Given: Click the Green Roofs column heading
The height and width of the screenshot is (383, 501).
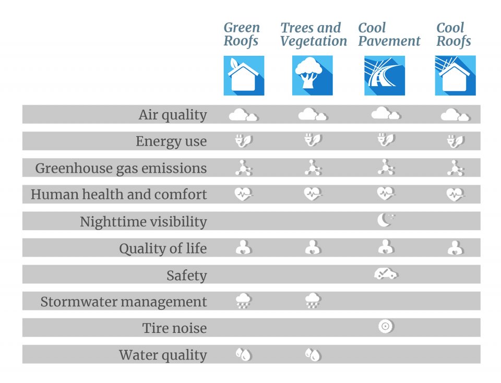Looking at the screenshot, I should tap(242, 34).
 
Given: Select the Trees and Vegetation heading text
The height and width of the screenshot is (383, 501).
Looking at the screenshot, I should tap(313, 34).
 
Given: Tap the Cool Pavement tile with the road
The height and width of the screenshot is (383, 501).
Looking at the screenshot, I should tap(385, 76).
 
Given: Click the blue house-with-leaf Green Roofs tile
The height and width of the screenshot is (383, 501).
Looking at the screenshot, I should tap(244, 76).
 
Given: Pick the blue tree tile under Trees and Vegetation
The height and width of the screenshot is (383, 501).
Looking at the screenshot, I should tap(312, 76).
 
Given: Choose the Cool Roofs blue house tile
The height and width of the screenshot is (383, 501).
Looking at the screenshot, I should tap(455, 76).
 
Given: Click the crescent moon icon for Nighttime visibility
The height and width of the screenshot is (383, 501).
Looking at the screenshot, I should tap(386, 221).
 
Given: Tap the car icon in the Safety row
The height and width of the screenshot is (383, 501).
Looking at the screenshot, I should tap(386, 274).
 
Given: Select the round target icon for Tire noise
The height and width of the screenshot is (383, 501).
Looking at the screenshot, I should tap(386, 327).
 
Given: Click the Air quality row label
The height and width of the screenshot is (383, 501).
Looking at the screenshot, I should tap(172, 115).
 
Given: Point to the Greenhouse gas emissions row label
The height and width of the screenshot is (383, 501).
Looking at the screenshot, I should tap(121, 168).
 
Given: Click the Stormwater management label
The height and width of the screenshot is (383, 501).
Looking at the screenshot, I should tap(123, 302).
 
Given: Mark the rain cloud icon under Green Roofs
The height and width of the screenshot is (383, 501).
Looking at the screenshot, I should tap(243, 301).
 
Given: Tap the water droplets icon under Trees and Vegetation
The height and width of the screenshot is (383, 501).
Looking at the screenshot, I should tap(313, 354).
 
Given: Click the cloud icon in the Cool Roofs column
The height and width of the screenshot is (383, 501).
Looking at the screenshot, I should tap(455, 115).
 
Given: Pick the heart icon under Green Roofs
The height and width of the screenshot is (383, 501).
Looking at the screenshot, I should tap(243, 194).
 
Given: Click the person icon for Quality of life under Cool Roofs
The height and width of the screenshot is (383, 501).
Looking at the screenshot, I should tap(455, 247).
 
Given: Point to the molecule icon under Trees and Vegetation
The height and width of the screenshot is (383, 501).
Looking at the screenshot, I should tap(313, 167).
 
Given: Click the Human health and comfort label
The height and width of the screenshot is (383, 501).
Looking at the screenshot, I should tap(118, 195).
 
